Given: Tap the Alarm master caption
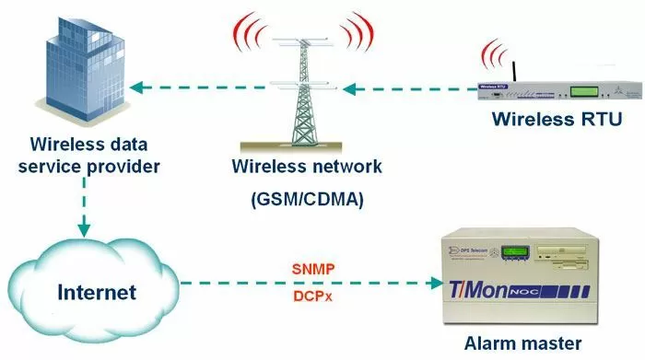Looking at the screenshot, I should click(x=523, y=343).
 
